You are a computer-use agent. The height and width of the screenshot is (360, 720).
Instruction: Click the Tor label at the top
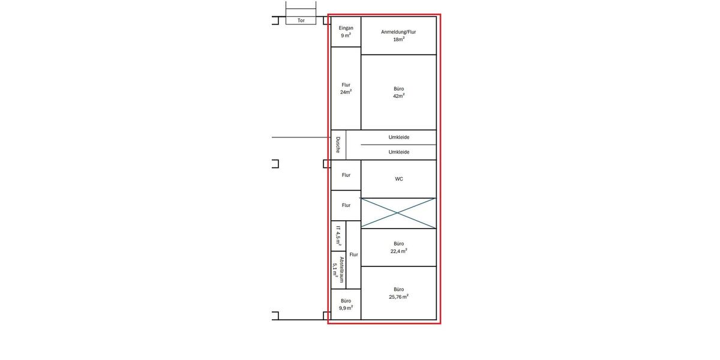[301, 20]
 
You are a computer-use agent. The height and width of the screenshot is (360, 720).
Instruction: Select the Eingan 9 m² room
[346, 32]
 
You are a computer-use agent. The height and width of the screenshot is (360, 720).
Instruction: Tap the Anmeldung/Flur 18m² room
[398, 35]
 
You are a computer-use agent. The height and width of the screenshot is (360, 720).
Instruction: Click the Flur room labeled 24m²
[346, 88]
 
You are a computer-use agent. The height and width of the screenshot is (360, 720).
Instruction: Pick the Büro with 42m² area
[398, 92]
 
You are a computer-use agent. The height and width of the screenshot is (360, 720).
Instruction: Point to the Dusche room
[338, 145]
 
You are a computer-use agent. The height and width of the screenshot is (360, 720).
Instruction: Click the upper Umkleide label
[398, 137]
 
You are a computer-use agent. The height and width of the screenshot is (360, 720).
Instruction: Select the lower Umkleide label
[398, 152]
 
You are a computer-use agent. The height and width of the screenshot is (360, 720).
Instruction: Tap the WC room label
[398, 179]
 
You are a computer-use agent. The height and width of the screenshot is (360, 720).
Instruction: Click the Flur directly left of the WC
[346, 175]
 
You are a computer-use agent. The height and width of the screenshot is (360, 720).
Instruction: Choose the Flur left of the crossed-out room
[346, 205]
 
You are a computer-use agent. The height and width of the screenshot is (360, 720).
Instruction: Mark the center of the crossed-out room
[398, 212]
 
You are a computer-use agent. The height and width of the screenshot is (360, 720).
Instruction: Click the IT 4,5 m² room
[338, 236]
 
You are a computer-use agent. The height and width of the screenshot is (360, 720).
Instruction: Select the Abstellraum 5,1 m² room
[338, 270]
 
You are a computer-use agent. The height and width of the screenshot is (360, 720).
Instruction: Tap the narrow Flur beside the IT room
[353, 254]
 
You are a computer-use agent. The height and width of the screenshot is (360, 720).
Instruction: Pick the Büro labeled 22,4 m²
[398, 247]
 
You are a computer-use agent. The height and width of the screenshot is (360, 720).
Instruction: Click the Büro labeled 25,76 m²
[398, 293]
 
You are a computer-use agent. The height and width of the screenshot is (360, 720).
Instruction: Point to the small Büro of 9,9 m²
[346, 304]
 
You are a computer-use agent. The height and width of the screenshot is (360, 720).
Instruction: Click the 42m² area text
[398, 96]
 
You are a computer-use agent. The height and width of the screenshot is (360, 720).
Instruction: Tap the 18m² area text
[398, 39]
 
